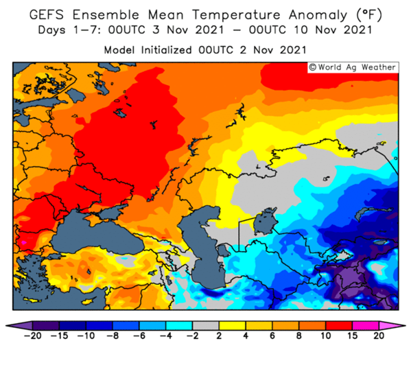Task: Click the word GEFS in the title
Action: [x=47, y=14]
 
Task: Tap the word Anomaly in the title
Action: [x=318, y=15]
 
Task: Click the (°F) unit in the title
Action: [x=369, y=15]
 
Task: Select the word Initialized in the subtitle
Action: [x=166, y=50]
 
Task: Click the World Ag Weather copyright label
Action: [x=353, y=67]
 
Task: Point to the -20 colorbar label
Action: [x=32, y=336]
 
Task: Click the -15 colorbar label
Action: [x=59, y=336]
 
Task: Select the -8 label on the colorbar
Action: [x=113, y=336]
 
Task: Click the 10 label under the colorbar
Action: [x=326, y=336]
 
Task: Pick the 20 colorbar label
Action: [x=379, y=336]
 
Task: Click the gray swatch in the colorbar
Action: [x=206, y=326]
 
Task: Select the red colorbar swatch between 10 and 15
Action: [x=339, y=326]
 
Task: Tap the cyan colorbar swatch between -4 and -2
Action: [x=179, y=326]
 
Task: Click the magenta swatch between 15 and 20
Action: [x=366, y=326]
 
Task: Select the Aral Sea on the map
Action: [x=265, y=221]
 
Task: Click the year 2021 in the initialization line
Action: [x=293, y=50]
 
